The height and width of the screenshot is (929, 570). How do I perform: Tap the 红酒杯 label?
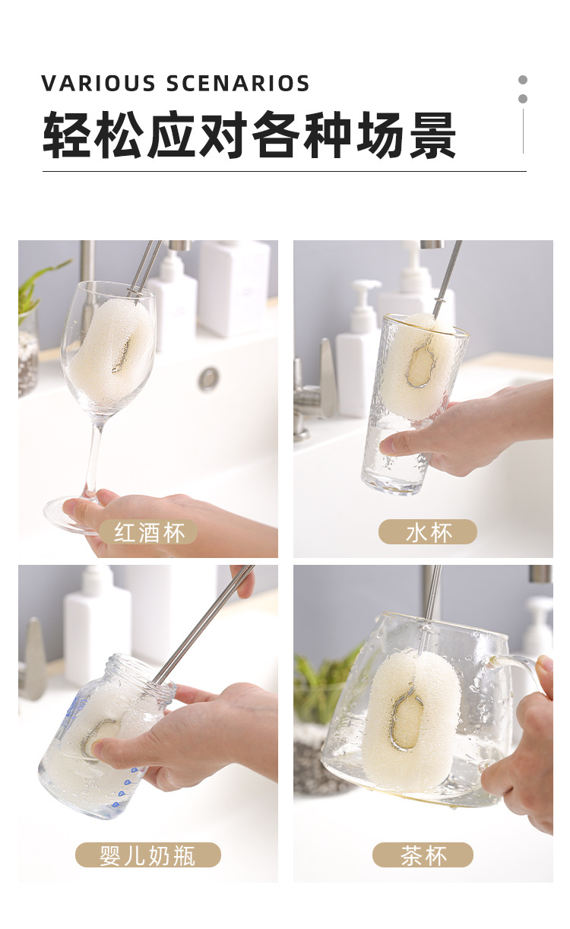149,532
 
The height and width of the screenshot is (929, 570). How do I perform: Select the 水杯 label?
428,532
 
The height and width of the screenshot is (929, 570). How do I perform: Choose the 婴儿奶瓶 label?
147,855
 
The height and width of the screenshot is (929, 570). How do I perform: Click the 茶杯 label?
423,855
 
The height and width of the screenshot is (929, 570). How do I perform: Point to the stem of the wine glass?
93,456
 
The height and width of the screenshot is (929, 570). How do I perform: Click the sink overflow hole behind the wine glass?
209,379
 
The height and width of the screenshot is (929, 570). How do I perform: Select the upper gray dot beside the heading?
523,80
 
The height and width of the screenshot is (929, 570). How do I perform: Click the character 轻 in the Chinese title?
67,135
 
